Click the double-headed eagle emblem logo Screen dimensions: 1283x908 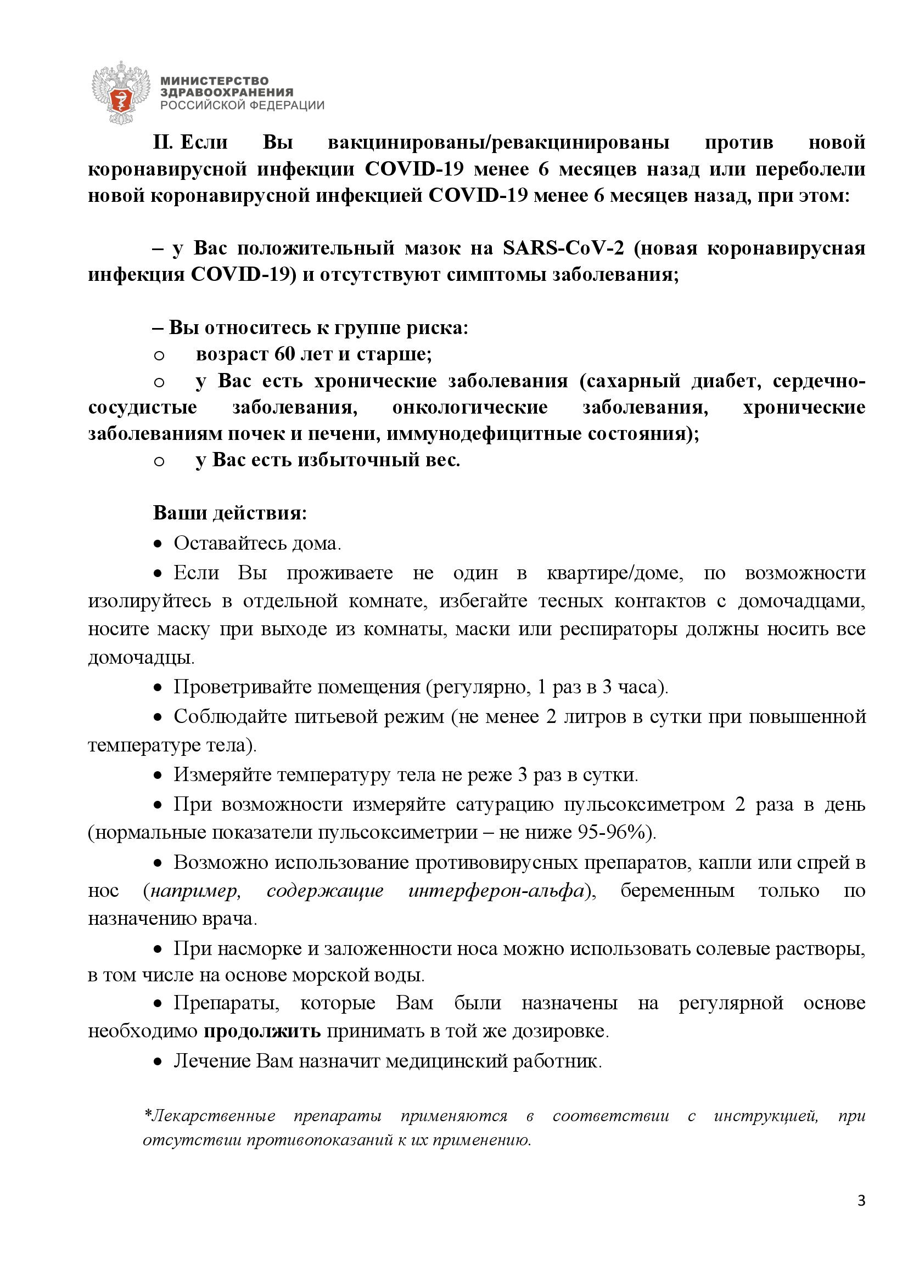[x=121, y=93]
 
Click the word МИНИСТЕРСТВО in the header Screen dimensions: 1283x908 [x=214, y=82]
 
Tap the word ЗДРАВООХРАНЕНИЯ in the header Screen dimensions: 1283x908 [x=226, y=93]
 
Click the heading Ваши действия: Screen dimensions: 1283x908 [x=230, y=513]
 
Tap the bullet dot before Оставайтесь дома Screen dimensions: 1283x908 [x=159, y=544]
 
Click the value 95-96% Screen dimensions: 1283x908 [x=613, y=833]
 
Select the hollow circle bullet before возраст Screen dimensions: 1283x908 [x=159, y=355]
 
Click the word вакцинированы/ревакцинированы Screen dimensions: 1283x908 [x=498, y=143]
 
